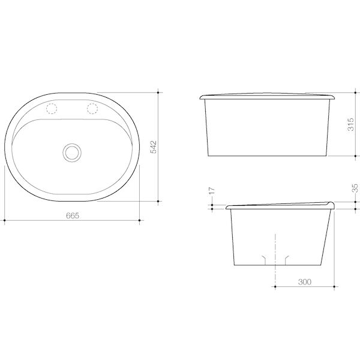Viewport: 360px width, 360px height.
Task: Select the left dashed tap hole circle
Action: (x=51, y=109)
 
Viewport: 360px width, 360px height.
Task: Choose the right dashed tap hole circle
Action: (x=93, y=109)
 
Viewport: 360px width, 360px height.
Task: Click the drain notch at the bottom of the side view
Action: (x=275, y=258)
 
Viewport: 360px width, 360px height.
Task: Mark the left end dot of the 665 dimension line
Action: (x=4, y=221)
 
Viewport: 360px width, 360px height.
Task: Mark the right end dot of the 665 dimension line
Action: (x=140, y=221)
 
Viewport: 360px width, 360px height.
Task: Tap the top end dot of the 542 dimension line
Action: (x=158, y=92)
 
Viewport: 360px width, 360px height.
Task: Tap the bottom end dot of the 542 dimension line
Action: (x=158, y=199)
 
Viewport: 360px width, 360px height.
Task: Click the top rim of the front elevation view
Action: (x=268, y=96)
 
